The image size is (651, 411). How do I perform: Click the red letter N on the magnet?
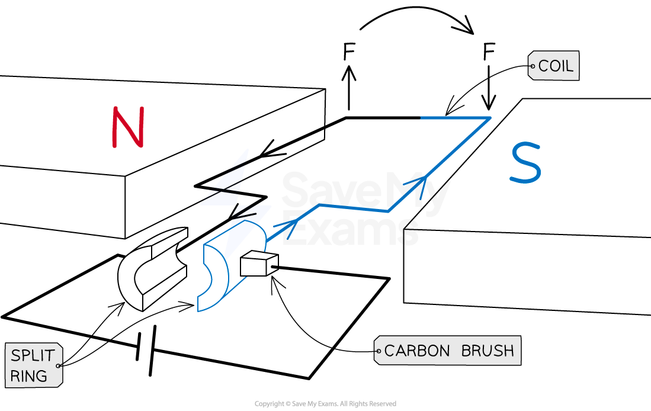[x=128, y=127]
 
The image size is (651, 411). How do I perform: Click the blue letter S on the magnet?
[x=525, y=163]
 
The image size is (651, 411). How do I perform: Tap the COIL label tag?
[x=553, y=66]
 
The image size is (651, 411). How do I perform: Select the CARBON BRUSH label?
[x=448, y=351]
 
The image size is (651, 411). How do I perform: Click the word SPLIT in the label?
[x=33, y=356]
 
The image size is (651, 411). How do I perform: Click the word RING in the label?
[x=29, y=376]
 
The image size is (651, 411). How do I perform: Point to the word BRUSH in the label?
[x=488, y=351]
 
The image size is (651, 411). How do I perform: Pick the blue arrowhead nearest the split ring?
[x=288, y=226]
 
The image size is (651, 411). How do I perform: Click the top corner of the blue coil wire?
[x=490, y=118]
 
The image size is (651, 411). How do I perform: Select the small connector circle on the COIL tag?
[x=532, y=67]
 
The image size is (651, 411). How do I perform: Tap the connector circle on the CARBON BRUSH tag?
[x=378, y=351]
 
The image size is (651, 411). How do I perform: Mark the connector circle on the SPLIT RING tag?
[x=58, y=366]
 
